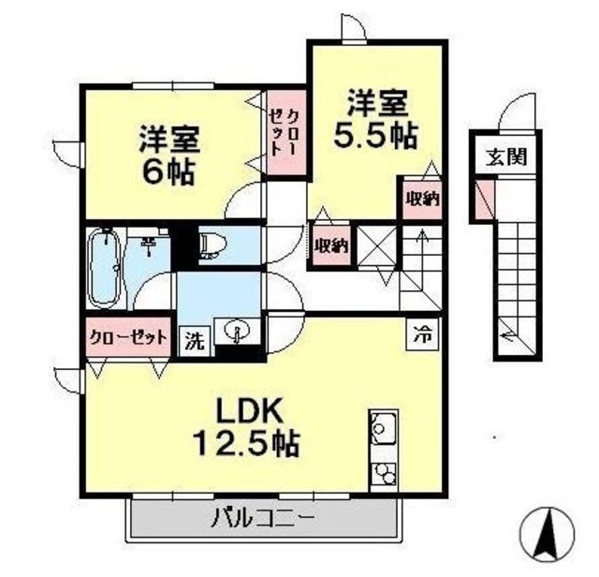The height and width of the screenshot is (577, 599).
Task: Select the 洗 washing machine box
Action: (x=194, y=340)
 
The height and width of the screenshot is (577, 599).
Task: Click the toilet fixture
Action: (x=210, y=244)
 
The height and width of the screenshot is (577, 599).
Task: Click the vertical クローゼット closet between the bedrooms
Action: (x=285, y=133)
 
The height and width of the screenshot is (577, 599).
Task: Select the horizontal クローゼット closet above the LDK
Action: (x=129, y=335)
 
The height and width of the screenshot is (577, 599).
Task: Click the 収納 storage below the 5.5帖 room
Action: (x=330, y=245)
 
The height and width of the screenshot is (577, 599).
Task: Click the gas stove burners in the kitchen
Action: (x=383, y=473)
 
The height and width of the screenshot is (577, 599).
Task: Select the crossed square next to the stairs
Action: (x=380, y=245)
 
